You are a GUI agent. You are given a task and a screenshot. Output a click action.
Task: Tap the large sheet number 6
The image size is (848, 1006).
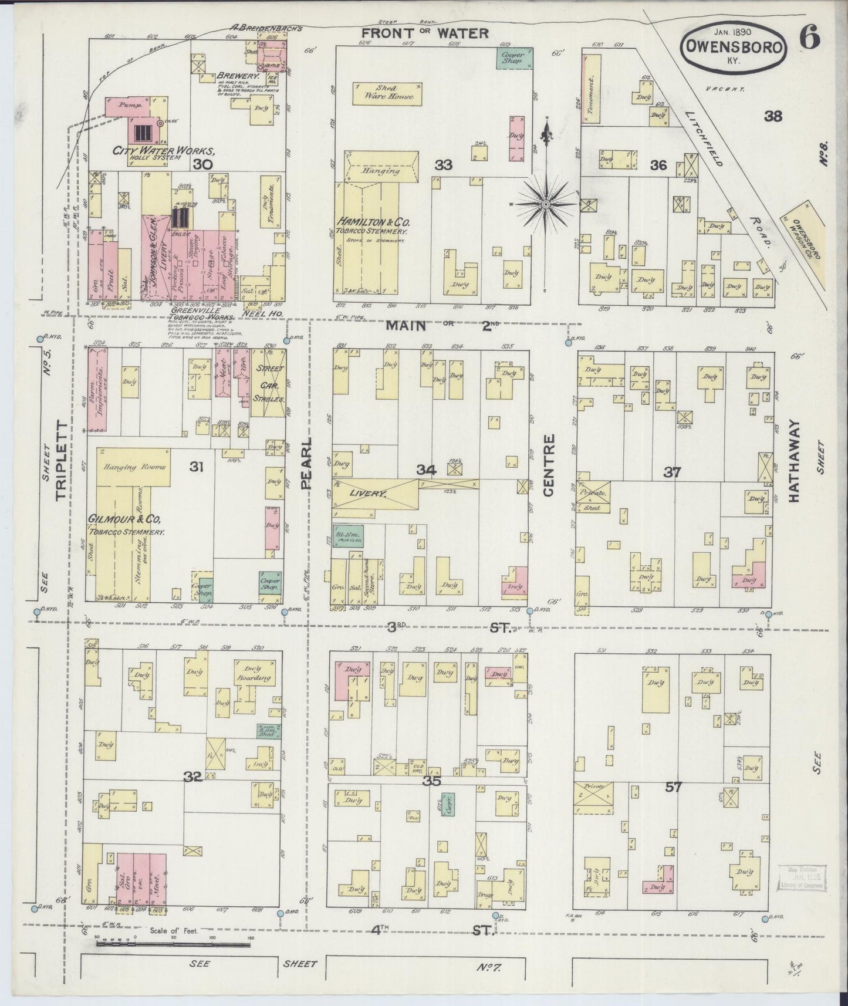click(809, 39)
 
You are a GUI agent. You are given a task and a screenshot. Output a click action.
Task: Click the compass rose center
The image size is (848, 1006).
click(546, 204)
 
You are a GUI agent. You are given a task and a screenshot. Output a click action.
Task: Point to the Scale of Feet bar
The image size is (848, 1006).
click(174, 944)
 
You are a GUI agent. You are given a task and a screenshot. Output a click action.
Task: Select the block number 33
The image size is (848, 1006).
click(444, 166)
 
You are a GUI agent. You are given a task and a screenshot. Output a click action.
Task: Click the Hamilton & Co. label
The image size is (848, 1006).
click(373, 222)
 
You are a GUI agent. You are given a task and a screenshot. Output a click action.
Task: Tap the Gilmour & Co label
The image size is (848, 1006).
click(124, 520)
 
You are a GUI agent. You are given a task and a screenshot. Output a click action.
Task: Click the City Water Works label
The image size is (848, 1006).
click(159, 151)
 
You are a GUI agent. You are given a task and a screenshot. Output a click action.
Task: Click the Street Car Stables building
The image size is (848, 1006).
click(269, 383)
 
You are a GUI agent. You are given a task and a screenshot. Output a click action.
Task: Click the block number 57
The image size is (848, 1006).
click(673, 787)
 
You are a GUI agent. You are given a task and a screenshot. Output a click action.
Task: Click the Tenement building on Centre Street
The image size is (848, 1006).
click(591, 89)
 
